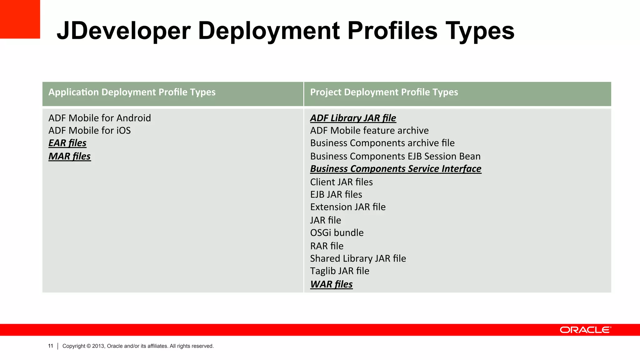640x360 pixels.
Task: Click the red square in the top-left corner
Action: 20,19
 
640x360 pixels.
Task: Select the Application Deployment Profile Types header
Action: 132,92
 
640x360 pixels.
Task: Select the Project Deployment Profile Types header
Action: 384,92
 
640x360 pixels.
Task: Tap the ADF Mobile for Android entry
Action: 99,118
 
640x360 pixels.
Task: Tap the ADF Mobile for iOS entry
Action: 89,131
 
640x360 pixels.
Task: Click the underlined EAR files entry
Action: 67,143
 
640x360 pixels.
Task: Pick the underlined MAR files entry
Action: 69,156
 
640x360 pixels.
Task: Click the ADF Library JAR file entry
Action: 353,118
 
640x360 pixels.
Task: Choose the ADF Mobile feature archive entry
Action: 369,131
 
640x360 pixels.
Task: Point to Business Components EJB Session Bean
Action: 395,156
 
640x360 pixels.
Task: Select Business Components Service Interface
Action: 395,169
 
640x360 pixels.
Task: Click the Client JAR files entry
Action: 341,182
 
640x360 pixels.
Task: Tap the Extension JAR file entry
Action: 347,207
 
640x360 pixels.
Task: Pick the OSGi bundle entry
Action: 337,233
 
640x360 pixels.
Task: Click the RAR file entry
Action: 327,246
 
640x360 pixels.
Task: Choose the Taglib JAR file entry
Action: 339,271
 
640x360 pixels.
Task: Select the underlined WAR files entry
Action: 331,284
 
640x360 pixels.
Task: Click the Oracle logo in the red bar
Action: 585,330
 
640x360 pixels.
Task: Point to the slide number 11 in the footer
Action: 51,346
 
